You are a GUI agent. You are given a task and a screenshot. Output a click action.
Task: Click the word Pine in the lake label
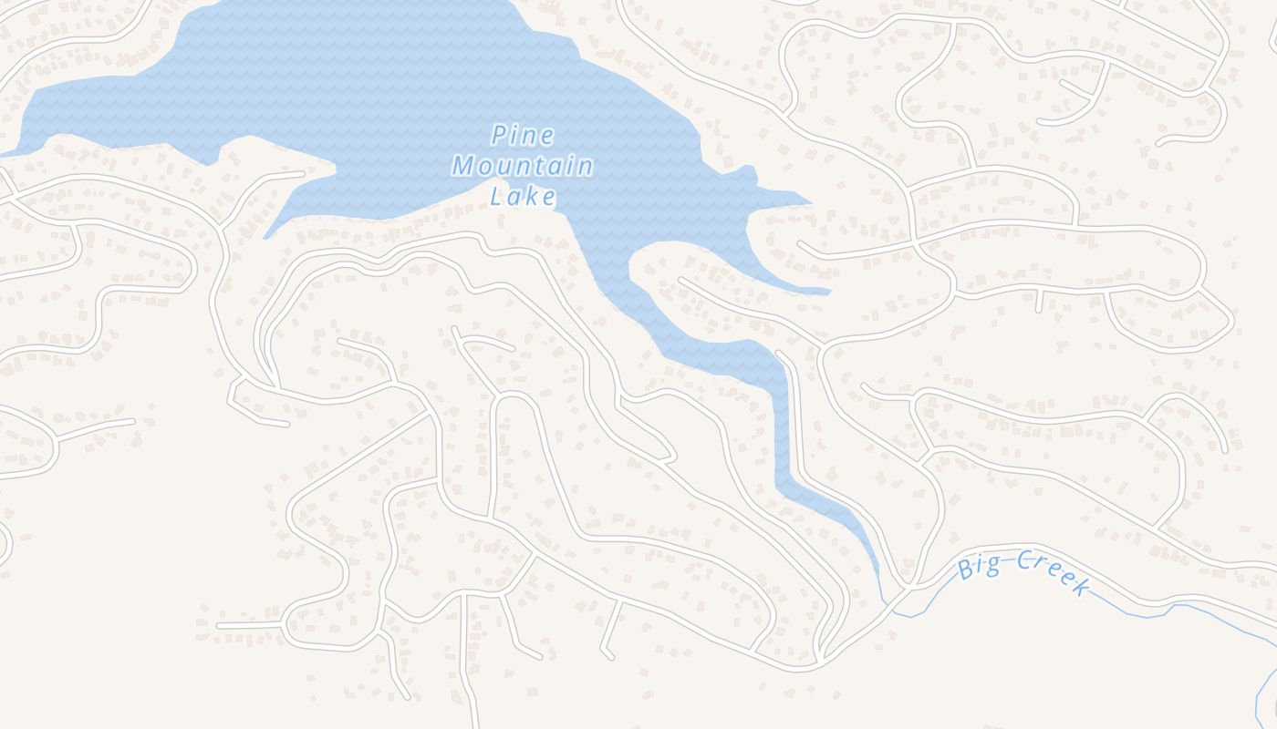(x=523, y=136)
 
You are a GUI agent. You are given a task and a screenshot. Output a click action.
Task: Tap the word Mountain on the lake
(x=523, y=167)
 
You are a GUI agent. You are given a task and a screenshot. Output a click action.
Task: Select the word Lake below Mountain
(x=523, y=196)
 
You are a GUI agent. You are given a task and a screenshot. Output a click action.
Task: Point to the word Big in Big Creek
(x=978, y=568)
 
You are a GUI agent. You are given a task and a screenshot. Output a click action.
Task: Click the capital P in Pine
(x=499, y=136)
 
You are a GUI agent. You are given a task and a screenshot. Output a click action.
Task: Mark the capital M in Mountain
(x=463, y=167)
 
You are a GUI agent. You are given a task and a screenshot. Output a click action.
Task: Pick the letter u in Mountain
(x=504, y=168)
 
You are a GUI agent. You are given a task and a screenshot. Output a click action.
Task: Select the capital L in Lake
(x=497, y=196)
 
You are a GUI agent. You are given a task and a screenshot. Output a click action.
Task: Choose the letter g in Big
(x=991, y=566)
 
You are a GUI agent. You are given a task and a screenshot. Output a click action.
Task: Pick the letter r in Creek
(x=1041, y=568)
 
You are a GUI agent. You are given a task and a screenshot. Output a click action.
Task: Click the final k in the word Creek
(x=1082, y=586)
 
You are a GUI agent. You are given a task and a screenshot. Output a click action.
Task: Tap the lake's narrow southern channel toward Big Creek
(x=782, y=428)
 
